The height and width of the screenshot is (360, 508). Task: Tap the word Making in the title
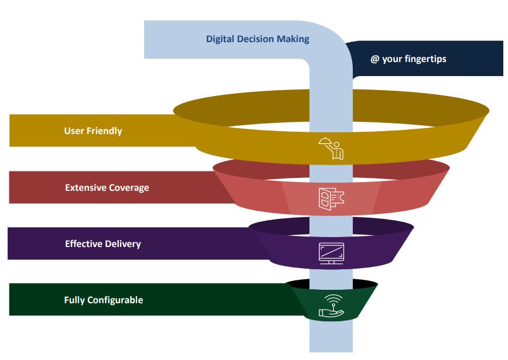[294, 40]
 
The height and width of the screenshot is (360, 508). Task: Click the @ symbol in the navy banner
[375, 59]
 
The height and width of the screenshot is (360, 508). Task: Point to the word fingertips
[424, 59]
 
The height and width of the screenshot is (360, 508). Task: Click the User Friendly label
[93, 131]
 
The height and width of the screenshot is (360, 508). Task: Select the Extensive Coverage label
[107, 188]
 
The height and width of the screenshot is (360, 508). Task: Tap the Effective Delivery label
[103, 244]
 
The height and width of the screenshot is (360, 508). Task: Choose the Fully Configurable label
[104, 300]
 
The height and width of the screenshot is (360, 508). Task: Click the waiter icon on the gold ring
[330, 148]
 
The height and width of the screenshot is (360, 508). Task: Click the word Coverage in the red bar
[129, 188]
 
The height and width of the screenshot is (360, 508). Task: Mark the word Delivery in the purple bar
[122, 244]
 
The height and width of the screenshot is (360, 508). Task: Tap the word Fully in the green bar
[74, 300]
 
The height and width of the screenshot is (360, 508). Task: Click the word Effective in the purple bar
[83, 244]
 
